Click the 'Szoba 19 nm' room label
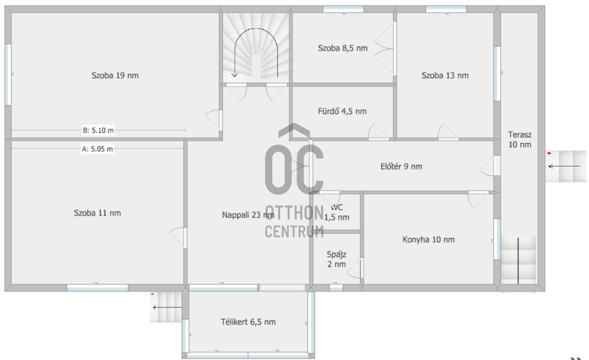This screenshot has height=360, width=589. [x=115, y=76]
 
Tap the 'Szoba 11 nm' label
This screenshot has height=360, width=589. [x=97, y=213]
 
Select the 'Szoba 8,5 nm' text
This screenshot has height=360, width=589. [x=342, y=48]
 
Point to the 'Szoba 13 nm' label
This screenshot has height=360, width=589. [x=445, y=76]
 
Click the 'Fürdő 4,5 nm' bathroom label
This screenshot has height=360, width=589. [x=342, y=111]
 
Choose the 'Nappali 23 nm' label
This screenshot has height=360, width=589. [x=248, y=215]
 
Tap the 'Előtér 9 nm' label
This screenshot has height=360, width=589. [x=401, y=166]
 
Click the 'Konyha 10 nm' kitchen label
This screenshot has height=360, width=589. [x=428, y=240]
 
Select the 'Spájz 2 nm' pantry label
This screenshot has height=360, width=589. [x=337, y=259]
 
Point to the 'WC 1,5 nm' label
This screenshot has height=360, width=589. [x=337, y=213]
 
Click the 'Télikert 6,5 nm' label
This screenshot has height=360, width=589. [x=248, y=322]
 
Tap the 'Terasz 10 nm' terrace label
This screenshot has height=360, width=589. [x=520, y=140]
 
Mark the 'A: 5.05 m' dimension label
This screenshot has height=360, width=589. [x=97, y=149]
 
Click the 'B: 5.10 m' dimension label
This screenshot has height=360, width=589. [x=98, y=130]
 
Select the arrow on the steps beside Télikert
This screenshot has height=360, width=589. [x=167, y=307]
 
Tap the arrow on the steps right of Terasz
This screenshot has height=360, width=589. [x=564, y=166]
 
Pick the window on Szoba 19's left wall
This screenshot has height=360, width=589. [x=8, y=75]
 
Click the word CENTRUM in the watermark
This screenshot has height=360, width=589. [x=294, y=231]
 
